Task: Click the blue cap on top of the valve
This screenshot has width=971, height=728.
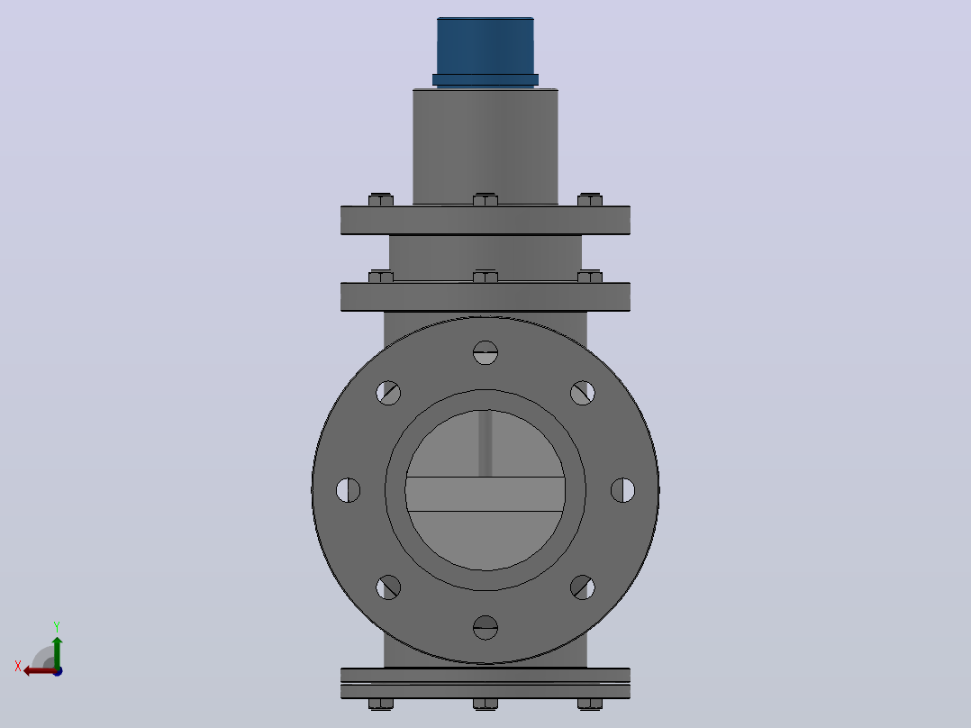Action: pos(485,52)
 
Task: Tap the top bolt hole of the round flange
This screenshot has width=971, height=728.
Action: pos(485,352)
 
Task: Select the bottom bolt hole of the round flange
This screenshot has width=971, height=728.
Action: pos(485,627)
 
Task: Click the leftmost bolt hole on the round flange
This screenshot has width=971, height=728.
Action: pos(348,490)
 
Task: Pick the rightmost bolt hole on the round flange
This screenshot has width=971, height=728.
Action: pos(623,490)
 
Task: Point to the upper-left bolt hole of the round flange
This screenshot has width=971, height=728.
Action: pos(388,393)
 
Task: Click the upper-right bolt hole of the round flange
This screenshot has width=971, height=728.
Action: pos(583,393)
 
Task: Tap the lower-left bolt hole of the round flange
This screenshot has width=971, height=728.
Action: pos(388,587)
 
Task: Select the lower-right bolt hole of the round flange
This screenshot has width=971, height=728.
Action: pos(583,587)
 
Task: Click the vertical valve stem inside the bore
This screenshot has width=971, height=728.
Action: pos(485,443)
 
